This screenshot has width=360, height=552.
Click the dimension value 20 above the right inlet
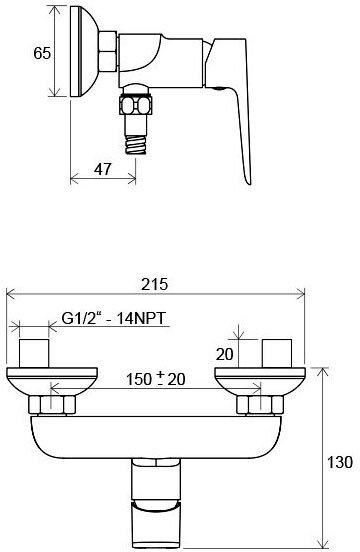(x=226, y=352)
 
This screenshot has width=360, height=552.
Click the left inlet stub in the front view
(x=38, y=353)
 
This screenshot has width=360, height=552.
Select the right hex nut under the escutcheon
(x=259, y=405)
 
